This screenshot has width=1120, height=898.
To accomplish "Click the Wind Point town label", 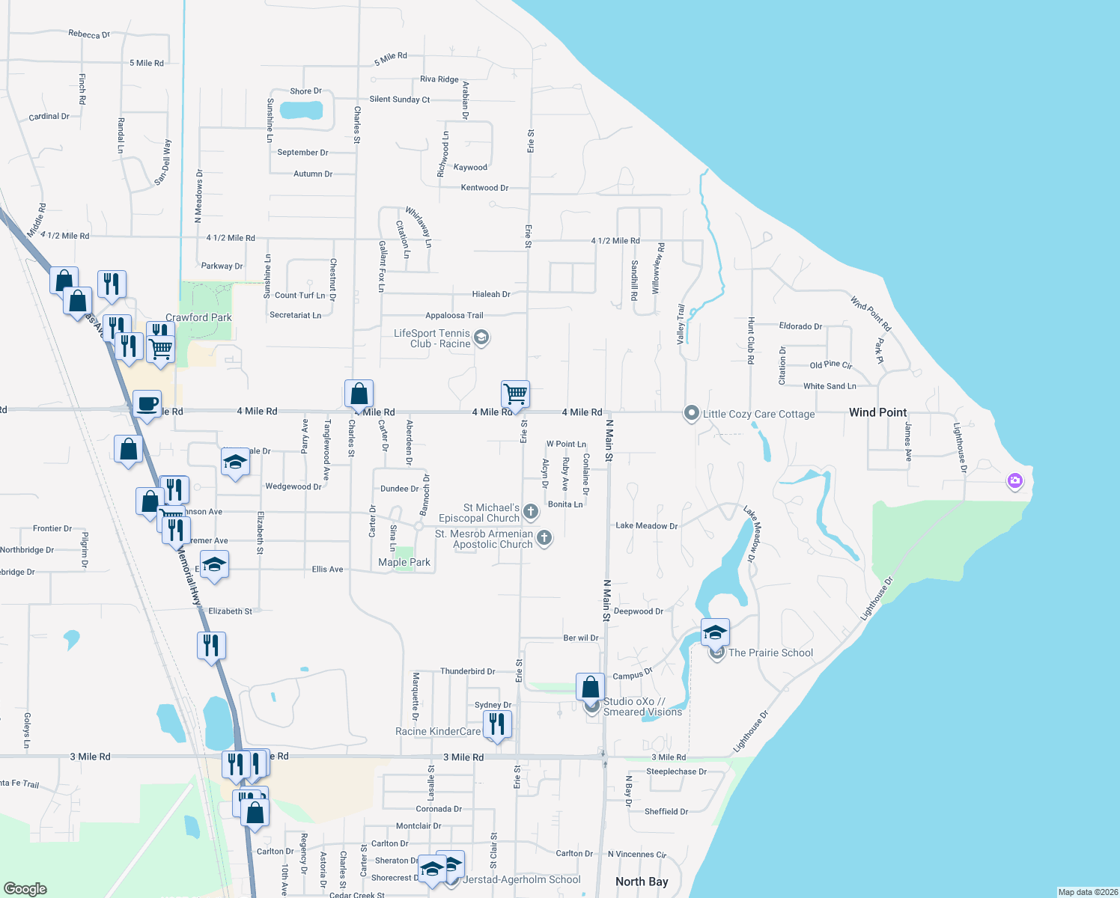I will pyautogui.click(x=877, y=412).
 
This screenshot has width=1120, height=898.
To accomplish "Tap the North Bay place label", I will pyautogui.click(x=642, y=882).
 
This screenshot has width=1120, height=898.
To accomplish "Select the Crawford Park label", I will pyautogui.click(x=198, y=317).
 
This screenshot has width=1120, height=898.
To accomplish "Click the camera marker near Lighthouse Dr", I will pyautogui.click(x=1015, y=481).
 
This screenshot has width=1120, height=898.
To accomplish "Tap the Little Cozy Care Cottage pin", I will pyautogui.click(x=692, y=413).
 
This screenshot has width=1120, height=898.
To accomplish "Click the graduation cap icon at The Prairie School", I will pyautogui.click(x=715, y=632).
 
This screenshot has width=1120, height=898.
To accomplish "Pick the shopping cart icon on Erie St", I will pyautogui.click(x=515, y=393).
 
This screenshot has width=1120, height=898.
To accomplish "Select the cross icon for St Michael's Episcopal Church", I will pyautogui.click(x=531, y=512).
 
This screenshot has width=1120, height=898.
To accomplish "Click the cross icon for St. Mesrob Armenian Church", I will pyautogui.click(x=544, y=537).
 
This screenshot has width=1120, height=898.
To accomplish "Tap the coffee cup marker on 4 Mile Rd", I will pyautogui.click(x=147, y=403).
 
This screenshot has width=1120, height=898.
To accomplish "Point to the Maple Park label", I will pyautogui.click(x=404, y=562).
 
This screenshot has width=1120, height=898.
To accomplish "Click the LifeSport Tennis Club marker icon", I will pyautogui.click(x=481, y=338).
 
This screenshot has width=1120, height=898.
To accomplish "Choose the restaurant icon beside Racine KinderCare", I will pyautogui.click(x=497, y=724).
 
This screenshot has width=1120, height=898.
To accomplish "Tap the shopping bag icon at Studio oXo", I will pyautogui.click(x=590, y=686).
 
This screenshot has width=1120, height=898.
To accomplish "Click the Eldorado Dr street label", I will pyautogui.click(x=800, y=326).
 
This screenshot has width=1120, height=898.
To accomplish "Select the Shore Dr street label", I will pyautogui.click(x=305, y=91).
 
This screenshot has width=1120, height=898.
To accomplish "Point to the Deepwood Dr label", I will pyautogui.click(x=638, y=611).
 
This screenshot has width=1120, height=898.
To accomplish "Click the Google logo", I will pyautogui.click(x=25, y=888).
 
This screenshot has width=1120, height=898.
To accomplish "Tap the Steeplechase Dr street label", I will pyautogui.click(x=676, y=772).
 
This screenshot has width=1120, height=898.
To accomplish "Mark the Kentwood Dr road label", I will pyautogui.click(x=484, y=188).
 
